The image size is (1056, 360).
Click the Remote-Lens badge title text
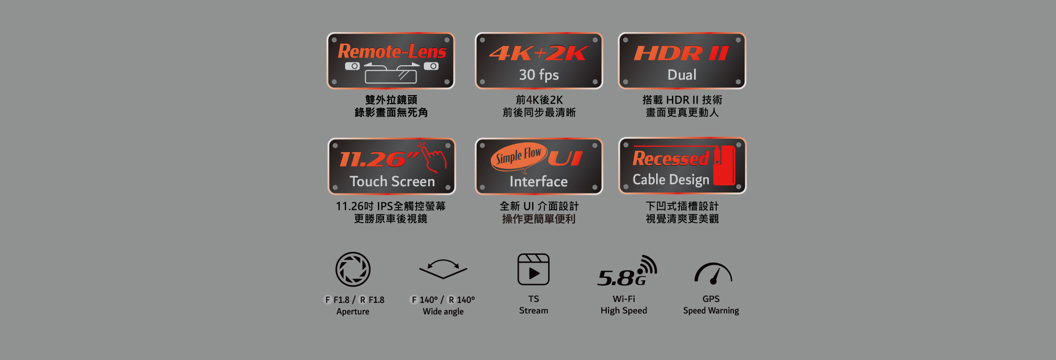click(x=392, y=51)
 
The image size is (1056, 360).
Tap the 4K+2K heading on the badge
click(x=539, y=53)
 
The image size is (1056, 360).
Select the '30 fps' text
click(x=539, y=75)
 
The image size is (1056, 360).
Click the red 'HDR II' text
click(x=682, y=53)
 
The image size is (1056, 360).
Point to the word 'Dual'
click(x=682, y=75)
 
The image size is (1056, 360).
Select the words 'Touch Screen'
click(x=392, y=181)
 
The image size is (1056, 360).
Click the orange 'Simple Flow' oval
click(x=519, y=156)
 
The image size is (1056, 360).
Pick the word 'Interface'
click(x=539, y=181)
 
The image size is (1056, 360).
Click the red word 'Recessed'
click(x=671, y=158)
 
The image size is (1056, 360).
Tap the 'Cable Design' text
click(x=671, y=180)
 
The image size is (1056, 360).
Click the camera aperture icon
click(x=353, y=269)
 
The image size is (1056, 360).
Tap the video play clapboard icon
click(x=533, y=269)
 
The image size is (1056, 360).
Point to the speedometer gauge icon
click(x=713, y=273)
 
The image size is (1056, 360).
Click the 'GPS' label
click(x=711, y=299)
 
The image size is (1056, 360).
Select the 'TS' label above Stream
click(x=533, y=299)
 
